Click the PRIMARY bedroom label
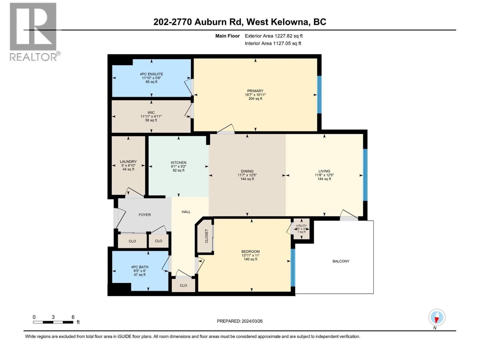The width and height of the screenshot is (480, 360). click(x=255, y=91)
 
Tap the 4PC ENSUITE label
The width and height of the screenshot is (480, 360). click(x=151, y=74)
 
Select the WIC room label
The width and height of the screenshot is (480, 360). click(x=151, y=112)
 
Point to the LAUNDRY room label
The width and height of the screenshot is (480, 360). click(x=128, y=161)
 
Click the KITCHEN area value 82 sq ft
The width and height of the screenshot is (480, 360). click(x=178, y=170)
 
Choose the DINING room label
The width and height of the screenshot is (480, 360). click(x=247, y=171)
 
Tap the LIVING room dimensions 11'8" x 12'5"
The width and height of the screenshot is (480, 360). click(x=324, y=175)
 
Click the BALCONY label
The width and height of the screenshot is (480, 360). click(x=341, y=261)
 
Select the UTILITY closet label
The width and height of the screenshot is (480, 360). click(x=301, y=226)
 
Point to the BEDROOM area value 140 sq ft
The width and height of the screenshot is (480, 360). click(x=250, y=259)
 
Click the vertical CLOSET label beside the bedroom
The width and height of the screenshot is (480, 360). click(x=206, y=236)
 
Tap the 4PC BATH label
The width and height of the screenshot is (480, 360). click(x=139, y=267)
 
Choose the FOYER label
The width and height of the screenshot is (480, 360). click(x=145, y=215)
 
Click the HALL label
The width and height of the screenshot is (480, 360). click(x=186, y=212)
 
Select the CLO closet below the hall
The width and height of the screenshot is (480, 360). click(x=183, y=285)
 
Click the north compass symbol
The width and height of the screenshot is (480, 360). click(x=437, y=317)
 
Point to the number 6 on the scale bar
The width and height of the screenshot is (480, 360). click(x=73, y=317)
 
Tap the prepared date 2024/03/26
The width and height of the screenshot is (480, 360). click(x=252, y=321)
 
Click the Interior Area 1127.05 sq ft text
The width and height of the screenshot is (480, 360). click(x=273, y=43)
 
